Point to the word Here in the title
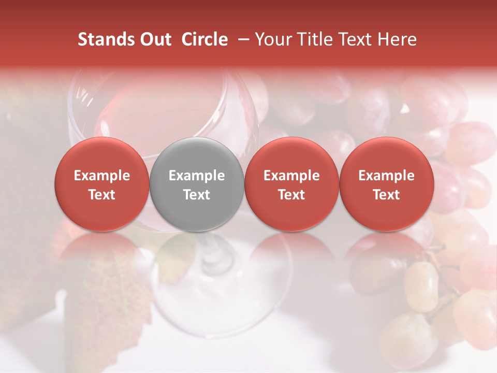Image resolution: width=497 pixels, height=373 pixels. [x=399, y=39]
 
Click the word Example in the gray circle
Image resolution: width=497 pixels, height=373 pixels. [x=197, y=176]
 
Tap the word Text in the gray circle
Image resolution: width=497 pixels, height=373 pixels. [x=197, y=195]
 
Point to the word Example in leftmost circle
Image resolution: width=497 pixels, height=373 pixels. [x=102, y=176]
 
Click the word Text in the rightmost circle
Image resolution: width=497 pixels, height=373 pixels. [x=387, y=195]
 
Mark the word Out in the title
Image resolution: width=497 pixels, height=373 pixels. [x=155, y=39]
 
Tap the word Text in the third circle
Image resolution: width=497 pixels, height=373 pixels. [x=291, y=195]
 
